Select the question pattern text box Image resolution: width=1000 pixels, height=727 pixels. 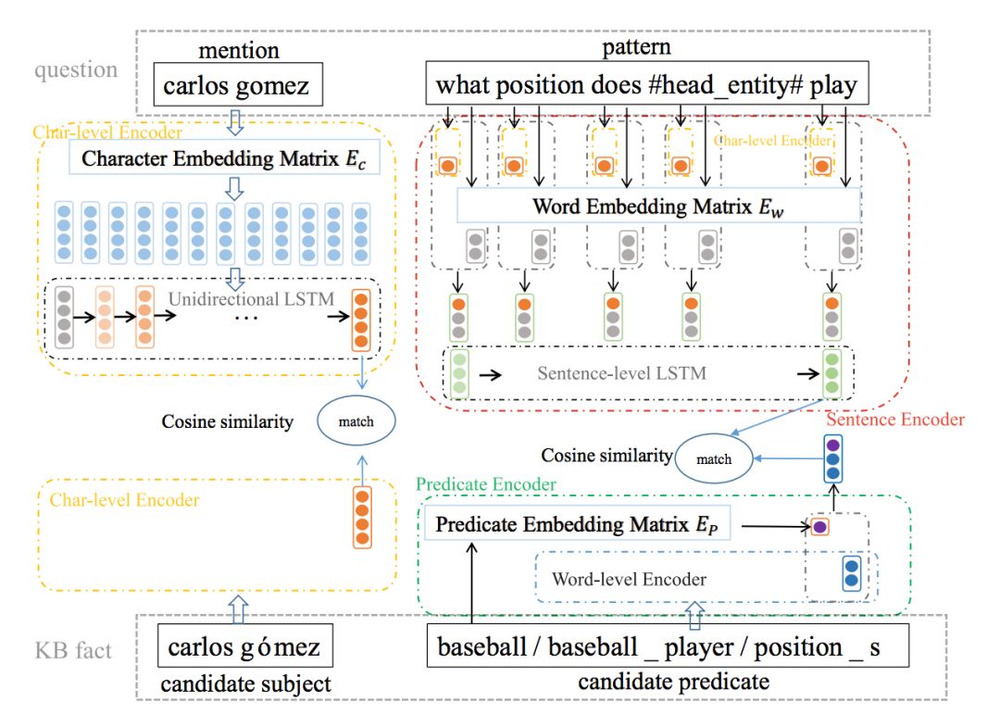tap(646, 88)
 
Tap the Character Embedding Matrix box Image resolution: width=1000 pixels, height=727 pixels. tap(218, 157)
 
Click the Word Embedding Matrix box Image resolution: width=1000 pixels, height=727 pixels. tap(659, 206)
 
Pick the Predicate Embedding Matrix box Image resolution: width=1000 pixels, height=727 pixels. tap(577, 523)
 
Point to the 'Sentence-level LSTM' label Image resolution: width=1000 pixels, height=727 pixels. tap(621, 374)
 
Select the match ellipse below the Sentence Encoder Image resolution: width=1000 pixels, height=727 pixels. tap(714, 458)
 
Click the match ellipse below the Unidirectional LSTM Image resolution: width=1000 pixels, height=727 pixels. tap(356, 421)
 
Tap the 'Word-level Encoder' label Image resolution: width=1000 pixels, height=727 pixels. tap(629, 580)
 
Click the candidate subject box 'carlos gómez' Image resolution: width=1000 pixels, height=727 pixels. tap(244, 646)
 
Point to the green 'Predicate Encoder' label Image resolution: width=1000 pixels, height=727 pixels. tap(486, 484)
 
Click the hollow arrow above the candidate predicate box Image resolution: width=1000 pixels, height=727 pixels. tap(694, 614)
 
